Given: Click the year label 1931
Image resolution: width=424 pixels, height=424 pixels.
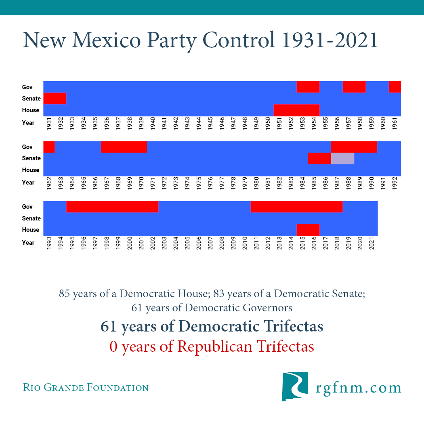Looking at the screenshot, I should pyautogui.click(x=49, y=123).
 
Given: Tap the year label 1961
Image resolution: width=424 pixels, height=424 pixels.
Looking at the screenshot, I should pyautogui.click(x=395, y=123).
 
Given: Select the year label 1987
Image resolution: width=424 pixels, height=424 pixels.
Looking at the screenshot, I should pyautogui.click(x=337, y=183).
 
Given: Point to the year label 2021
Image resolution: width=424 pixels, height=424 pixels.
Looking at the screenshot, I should pyautogui.click(x=372, y=243).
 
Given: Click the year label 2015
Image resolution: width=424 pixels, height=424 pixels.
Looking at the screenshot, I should pyautogui.click(x=302, y=243).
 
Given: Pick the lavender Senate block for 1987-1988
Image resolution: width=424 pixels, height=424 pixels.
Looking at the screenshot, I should pyautogui.click(x=342, y=158).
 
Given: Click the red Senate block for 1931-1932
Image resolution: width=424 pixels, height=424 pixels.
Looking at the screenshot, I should pyautogui.click(x=55, y=98).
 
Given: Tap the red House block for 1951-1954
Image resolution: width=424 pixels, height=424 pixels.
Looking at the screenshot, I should pyautogui.click(x=296, y=110).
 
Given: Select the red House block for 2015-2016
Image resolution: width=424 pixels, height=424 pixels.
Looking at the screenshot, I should pyautogui.click(x=308, y=230).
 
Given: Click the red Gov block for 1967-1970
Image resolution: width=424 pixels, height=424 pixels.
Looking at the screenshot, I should pyautogui.click(x=124, y=147).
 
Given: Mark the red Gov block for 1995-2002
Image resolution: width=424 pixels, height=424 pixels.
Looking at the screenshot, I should pyautogui.click(x=112, y=206).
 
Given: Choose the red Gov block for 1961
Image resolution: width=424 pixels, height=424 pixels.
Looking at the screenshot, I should pyautogui.click(x=395, y=87).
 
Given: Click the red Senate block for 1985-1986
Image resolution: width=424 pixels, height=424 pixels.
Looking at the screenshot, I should pyautogui.click(x=319, y=158).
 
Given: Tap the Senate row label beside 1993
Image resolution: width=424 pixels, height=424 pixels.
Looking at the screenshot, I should pyautogui.click(x=31, y=218).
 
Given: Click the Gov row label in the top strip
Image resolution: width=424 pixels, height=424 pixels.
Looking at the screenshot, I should pyautogui.click(x=27, y=87).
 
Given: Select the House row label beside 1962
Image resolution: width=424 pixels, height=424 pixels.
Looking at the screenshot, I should pyautogui.click(x=30, y=170).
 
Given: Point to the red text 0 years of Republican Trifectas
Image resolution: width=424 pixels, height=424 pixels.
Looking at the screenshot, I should pyautogui.click(x=212, y=346).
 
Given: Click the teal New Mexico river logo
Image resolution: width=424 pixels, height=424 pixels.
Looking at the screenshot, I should pyautogui.click(x=295, y=386).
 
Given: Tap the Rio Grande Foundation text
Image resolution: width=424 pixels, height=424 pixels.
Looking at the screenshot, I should pyautogui.click(x=86, y=388).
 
